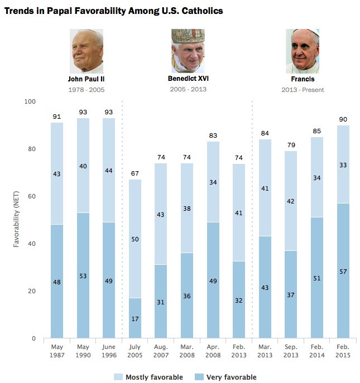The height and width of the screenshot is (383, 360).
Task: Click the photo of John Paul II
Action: point(87,51)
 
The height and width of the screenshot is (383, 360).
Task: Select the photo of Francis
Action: point(302,51)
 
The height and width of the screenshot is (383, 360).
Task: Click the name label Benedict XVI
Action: point(188,79)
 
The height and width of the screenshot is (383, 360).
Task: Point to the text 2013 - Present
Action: point(302,89)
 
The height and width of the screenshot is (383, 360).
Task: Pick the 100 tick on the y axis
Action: point(29,101)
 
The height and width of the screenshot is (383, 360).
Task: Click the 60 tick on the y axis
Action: point(31,196)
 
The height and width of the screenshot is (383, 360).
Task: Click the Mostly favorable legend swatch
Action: point(118,377)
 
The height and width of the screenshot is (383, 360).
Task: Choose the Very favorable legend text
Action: point(231,377)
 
